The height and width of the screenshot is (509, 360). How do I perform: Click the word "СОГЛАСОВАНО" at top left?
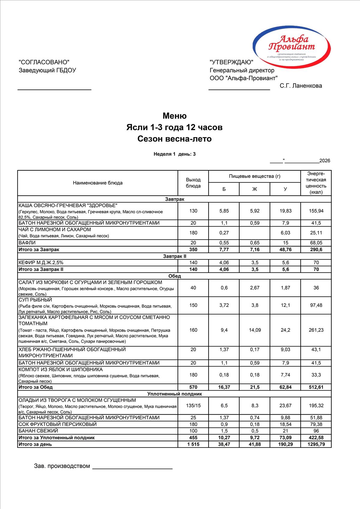[x=44, y=62]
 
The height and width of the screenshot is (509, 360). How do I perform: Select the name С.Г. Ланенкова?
[x=301, y=86]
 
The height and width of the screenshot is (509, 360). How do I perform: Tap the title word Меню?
[x=175, y=116]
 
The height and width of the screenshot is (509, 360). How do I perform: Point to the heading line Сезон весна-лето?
[x=175, y=139]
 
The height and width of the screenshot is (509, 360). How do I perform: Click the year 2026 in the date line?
[x=325, y=161]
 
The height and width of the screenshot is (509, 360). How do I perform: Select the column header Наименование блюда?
[x=98, y=183]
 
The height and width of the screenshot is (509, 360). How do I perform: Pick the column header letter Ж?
[x=255, y=189]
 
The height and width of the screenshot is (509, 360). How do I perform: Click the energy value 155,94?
[x=316, y=211]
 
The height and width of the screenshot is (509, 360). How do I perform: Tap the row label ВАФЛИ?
[x=27, y=243]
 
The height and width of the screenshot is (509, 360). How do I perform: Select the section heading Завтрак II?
[x=175, y=256]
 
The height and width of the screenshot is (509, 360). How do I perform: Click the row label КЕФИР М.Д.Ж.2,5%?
[x=41, y=262]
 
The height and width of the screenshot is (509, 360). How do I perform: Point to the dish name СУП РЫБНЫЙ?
[x=35, y=300]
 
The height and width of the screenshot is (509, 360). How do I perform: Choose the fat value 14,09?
[x=255, y=330]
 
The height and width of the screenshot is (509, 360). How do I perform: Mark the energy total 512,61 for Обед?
[x=316, y=387]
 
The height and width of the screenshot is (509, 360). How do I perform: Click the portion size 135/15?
[x=193, y=406]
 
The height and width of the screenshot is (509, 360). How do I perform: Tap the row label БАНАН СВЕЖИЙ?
[x=38, y=431]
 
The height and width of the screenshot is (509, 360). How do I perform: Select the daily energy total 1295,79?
[x=316, y=444]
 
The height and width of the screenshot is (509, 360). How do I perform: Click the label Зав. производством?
[x=62, y=466]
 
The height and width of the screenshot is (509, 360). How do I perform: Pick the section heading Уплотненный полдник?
[x=175, y=394]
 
